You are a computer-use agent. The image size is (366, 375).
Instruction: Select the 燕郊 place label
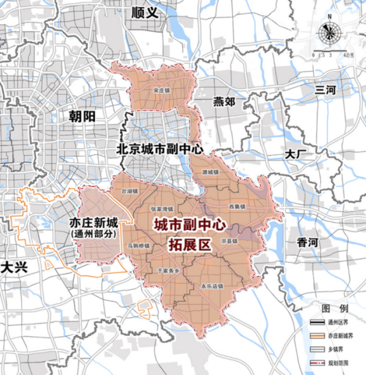pyautogui.click(x=223, y=102)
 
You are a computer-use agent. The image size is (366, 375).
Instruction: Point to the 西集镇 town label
pyautogui.click(x=236, y=206)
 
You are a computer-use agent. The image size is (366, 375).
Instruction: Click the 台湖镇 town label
pyautogui.click(x=130, y=193)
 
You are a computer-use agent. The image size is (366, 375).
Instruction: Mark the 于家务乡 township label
pyautogui.click(x=169, y=272)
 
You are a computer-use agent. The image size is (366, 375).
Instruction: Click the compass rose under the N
pyautogui.click(x=331, y=31)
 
